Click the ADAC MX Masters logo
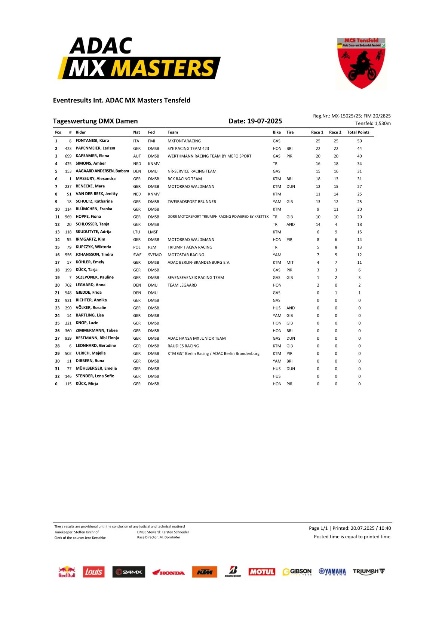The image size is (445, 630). click(139, 59)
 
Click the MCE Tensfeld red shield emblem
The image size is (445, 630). click(361, 63)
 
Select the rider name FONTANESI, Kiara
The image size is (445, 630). click(92, 141)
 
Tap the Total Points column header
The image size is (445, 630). click(358, 132)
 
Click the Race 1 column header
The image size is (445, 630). click(317, 132)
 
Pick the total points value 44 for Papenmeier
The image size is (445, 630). click(359, 149)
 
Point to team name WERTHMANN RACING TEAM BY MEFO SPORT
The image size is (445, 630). click(209, 156)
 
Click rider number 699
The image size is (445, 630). click(68, 156)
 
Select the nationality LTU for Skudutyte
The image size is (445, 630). click(136, 232)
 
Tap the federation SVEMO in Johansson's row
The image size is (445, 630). click(155, 255)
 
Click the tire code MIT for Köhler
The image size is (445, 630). click(290, 262)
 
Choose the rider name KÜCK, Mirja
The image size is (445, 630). click(87, 383)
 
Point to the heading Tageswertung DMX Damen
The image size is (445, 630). click(95, 121)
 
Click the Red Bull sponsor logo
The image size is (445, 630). click(67, 572)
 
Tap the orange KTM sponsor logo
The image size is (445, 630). click(205, 572)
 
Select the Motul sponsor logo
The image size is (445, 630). click(262, 572)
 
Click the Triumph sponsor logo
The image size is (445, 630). click(369, 571)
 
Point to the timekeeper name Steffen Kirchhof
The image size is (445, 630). click(86, 532)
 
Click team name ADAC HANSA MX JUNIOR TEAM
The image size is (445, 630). click(197, 338)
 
